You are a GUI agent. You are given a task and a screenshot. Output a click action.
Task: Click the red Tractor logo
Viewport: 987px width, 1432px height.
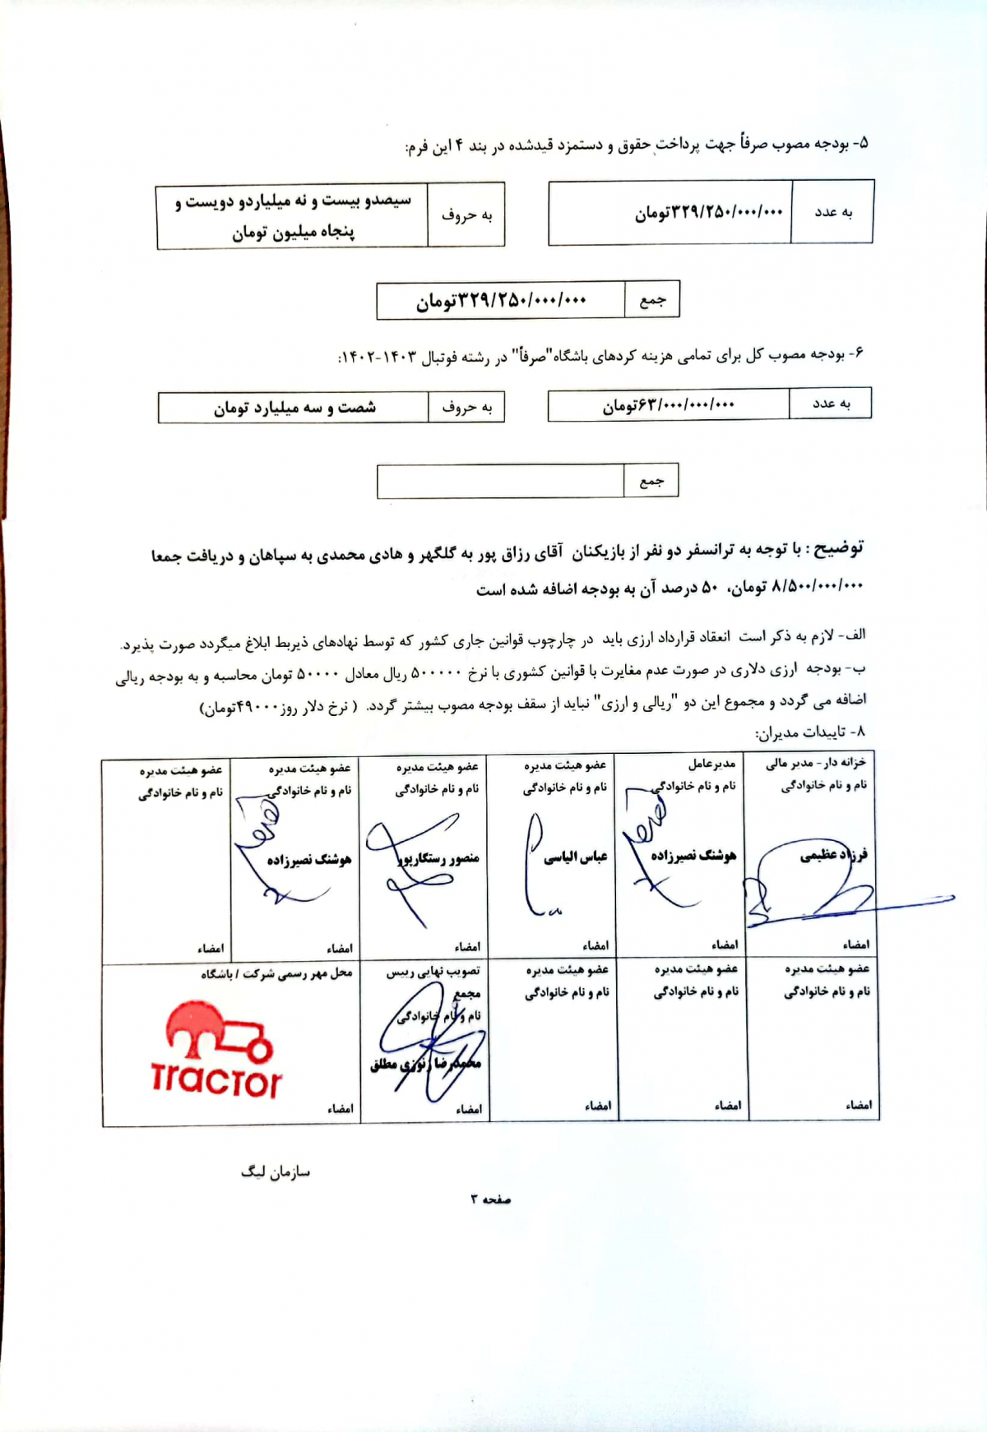click(216, 1050)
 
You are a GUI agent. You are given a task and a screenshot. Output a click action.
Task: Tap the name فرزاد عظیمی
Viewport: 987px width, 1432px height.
click(832, 855)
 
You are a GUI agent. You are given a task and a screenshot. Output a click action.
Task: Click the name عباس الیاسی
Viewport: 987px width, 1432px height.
click(575, 857)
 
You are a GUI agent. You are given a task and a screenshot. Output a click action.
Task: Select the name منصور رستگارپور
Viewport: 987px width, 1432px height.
click(439, 859)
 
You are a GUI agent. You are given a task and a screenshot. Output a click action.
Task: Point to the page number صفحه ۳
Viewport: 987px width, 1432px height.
click(491, 1199)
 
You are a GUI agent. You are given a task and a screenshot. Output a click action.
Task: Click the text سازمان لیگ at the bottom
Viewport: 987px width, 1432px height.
click(276, 1171)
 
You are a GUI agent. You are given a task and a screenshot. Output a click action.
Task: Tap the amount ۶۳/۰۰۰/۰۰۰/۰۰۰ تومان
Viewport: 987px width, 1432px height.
click(668, 405)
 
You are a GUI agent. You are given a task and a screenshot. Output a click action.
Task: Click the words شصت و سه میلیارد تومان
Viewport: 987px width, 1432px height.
click(294, 408)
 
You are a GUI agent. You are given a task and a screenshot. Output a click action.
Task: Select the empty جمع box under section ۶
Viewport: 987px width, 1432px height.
click(500, 481)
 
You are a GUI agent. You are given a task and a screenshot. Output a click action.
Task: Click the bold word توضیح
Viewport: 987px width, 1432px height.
click(833, 548)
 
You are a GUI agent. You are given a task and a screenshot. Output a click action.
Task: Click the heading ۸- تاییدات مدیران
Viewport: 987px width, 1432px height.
click(809, 732)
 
